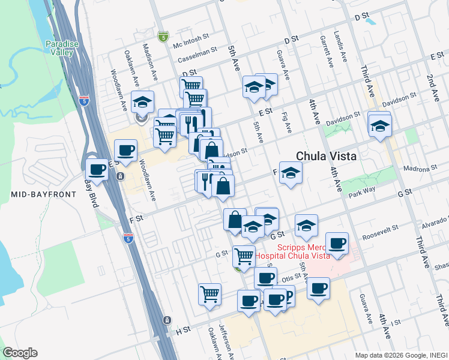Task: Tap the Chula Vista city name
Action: coord(326,156)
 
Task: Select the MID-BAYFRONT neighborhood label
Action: coord(43,194)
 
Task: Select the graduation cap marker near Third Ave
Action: coord(379,126)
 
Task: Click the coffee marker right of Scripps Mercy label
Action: coord(337,243)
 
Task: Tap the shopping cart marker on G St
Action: coord(244,256)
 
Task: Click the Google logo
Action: coord(20,353)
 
